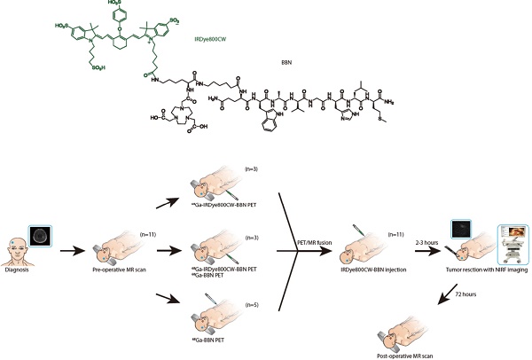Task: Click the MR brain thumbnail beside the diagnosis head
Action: (x=41, y=237)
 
